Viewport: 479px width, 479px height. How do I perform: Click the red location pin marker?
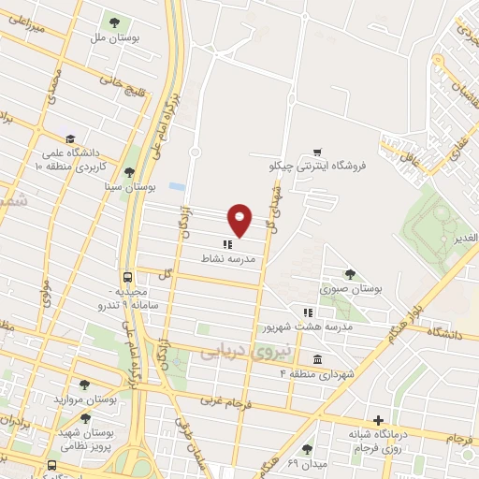pyautogui.click(x=240, y=219)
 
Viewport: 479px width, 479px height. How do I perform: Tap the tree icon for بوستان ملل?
pyautogui.click(x=114, y=22)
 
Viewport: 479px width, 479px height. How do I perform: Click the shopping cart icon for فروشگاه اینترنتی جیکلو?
pyautogui.click(x=317, y=152)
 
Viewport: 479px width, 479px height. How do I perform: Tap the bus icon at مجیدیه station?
pyautogui.click(x=126, y=277)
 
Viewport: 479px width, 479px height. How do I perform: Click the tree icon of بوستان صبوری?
pyautogui.click(x=350, y=274)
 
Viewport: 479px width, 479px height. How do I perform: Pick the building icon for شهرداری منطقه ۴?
pyautogui.click(x=318, y=359)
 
